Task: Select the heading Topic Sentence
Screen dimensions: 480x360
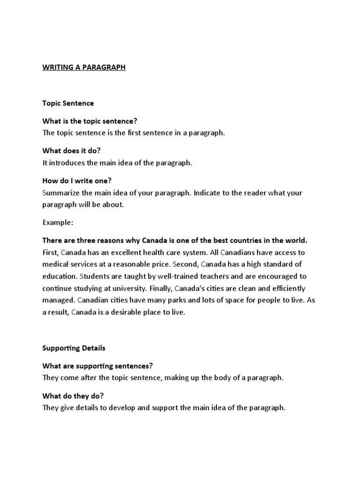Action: tap(68, 103)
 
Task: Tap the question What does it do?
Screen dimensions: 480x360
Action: tap(72, 151)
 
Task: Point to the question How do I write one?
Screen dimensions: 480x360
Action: tap(77, 180)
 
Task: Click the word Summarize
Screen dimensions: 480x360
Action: tap(61, 193)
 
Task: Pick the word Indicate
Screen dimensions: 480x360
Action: tap(207, 193)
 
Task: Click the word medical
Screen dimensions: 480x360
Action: tap(55, 264)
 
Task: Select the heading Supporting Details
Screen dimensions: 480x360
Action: tap(74, 348)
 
